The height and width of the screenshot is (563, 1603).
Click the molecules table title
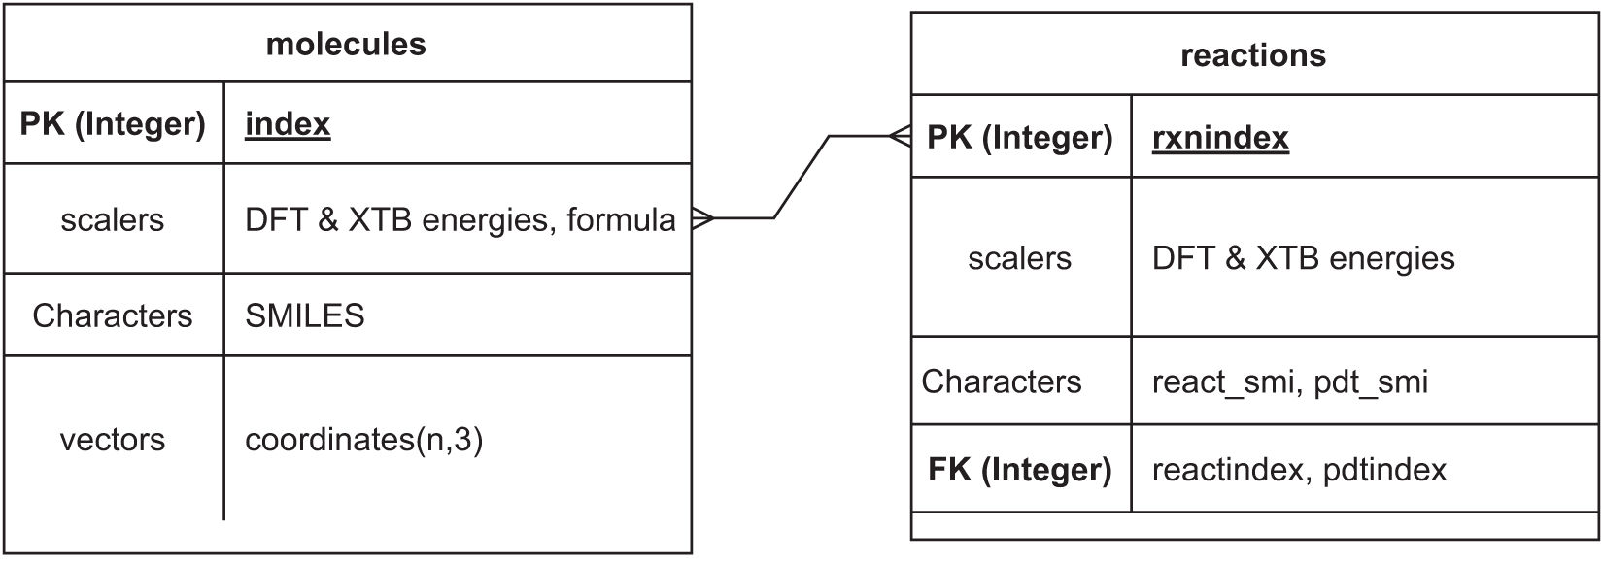(x=346, y=44)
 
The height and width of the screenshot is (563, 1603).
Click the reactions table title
(x=1252, y=55)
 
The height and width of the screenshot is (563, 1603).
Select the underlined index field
(x=288, y=124)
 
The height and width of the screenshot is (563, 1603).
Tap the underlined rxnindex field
(x=1220, y=138)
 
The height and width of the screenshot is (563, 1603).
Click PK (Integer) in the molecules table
(x=113, y=124)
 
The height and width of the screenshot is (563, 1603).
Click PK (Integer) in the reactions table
(x=1019, y=138)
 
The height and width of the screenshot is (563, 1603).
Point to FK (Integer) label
(x=1019, y=470)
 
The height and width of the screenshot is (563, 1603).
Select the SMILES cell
(x=304, y=315)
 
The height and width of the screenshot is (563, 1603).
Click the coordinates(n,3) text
(x=363, y=440)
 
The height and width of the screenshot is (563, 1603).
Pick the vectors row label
(x=113, y=440)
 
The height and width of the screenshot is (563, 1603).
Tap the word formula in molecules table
(x=621, y=220)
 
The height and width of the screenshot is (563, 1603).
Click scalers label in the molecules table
(x=113, y=220)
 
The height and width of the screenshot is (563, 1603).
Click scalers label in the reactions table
(x=1019, y=258)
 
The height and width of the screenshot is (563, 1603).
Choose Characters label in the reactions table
(x=1001, y=381)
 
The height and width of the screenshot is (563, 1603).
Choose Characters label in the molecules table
(x=113, y=315)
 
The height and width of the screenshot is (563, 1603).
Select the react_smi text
(x=1222, y=381)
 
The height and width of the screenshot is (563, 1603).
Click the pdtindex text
(x=1383, y=470)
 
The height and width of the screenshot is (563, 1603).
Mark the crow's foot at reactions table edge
(x=900, y=137)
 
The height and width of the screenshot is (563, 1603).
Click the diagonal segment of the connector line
(x=801, y=178)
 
